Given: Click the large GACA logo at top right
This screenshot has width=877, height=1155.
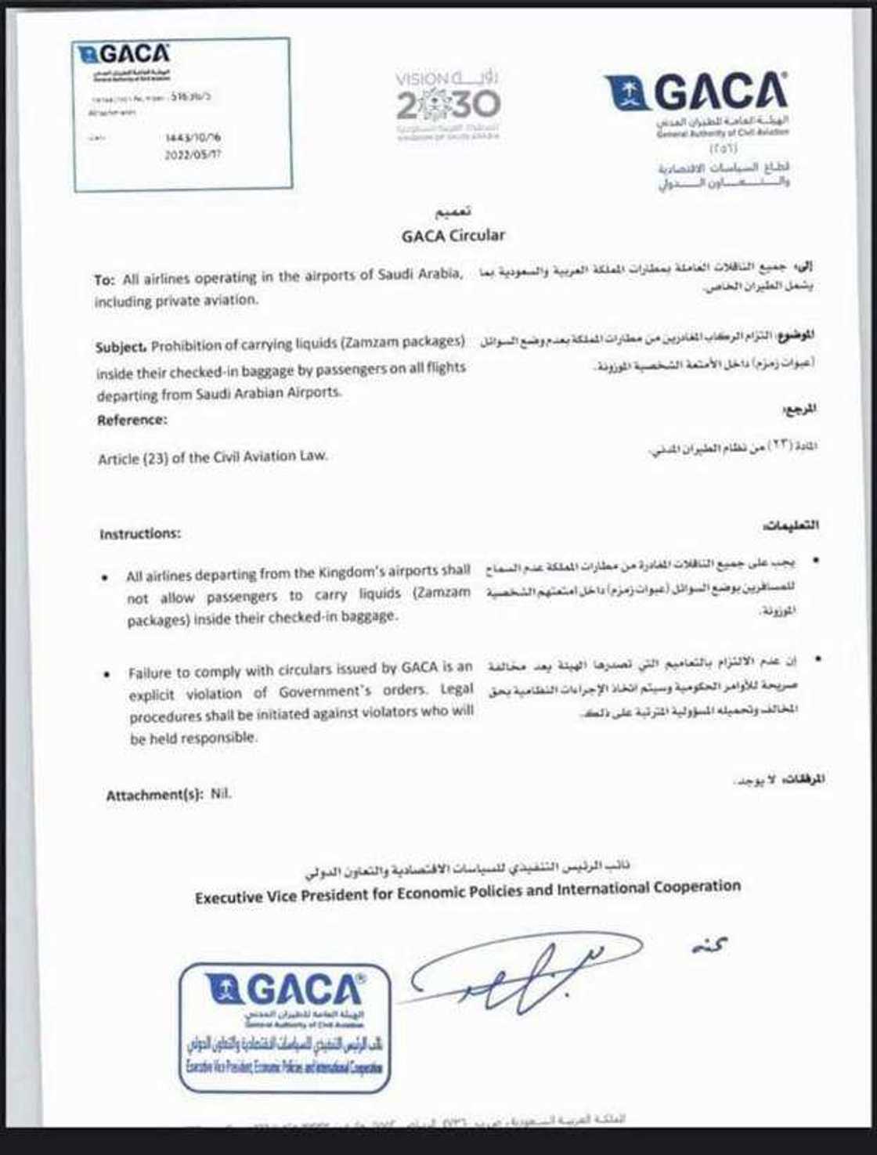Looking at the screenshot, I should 696,93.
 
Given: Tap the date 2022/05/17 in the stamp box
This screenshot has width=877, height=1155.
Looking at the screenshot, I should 193,154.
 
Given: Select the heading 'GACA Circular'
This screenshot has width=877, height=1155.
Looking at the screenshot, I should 453,235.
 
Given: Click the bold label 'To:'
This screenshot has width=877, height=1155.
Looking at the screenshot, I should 105,280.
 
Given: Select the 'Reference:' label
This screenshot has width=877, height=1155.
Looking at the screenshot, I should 132,420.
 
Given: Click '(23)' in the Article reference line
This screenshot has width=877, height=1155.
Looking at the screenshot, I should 151,459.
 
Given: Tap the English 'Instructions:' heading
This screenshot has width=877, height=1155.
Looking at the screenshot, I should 140,534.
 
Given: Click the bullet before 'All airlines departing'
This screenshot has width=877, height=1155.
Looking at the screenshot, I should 105,578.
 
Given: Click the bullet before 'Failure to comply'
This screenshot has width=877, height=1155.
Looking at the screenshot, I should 106,674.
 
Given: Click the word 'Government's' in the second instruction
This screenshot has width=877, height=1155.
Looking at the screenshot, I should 324,692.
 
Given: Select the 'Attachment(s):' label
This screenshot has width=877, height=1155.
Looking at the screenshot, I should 155,796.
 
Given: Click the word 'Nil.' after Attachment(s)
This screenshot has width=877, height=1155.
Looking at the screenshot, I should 222,794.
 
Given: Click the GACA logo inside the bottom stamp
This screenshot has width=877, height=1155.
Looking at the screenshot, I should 285,991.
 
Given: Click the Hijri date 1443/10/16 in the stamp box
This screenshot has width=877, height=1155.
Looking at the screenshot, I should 193,138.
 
